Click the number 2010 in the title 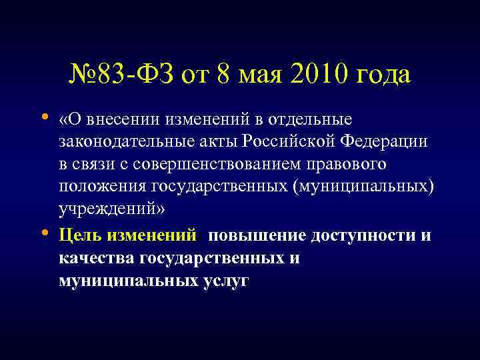pos(317,74)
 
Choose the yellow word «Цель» pos(79,236)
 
